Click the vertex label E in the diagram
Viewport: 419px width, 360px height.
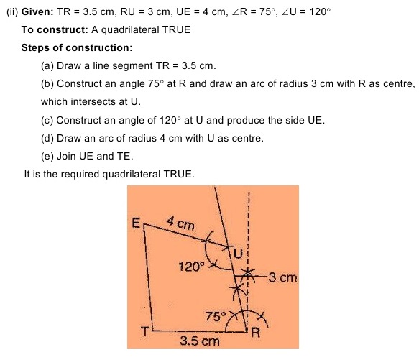tap(135, 223)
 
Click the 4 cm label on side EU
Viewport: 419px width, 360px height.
tap(180, 223)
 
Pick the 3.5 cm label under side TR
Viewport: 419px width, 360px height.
tap(199, 341)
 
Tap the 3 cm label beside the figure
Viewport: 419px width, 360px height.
tap(282, 277)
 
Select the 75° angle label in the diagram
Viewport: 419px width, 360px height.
tap(215, 315)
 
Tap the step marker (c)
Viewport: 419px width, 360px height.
tap(48, 119)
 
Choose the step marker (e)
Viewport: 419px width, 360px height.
tap(48, 155)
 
